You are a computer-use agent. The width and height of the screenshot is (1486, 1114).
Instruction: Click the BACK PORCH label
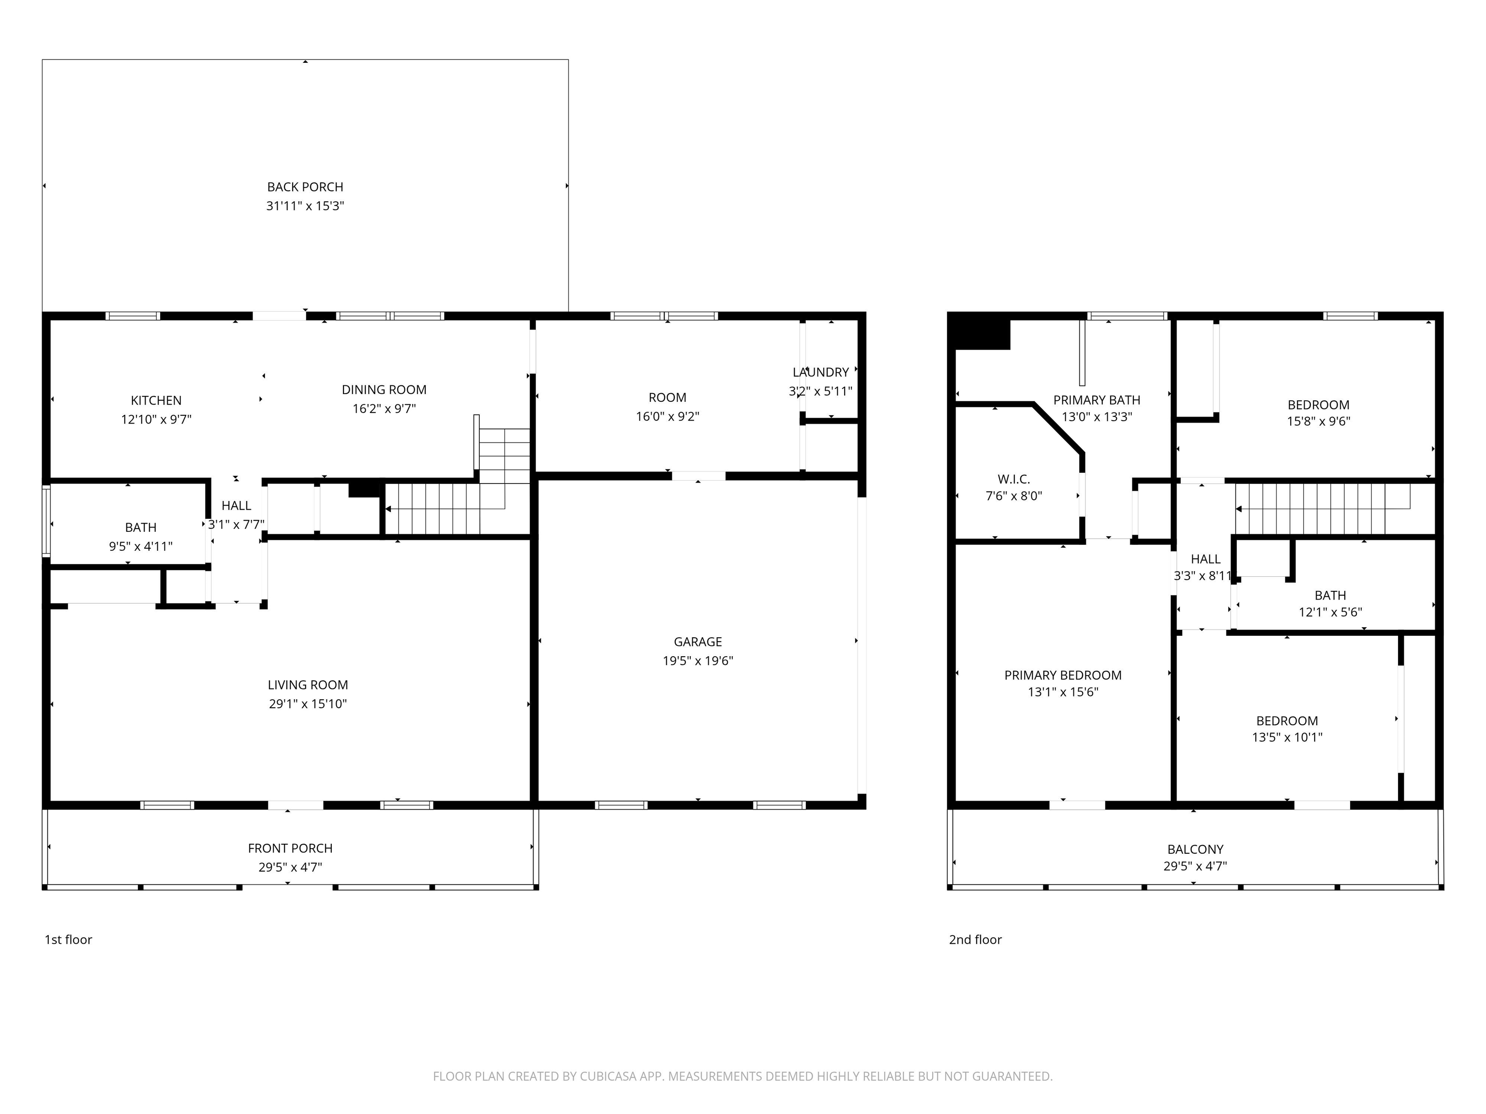point(305,187)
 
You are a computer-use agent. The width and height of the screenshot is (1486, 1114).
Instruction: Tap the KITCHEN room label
point(156,401)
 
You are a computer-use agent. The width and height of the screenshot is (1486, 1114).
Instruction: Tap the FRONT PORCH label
point(290,849)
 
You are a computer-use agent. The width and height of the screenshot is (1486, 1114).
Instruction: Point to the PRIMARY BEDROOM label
point(1063,675)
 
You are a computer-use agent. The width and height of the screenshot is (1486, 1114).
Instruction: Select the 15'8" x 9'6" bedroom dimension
point(1319,422)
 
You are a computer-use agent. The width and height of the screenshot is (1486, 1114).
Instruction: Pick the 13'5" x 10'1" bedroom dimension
point(1287,737)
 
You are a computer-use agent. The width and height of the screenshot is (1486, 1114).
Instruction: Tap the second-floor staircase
point(1323,508)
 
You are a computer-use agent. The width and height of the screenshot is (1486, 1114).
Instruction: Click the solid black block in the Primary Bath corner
point(982,334)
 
